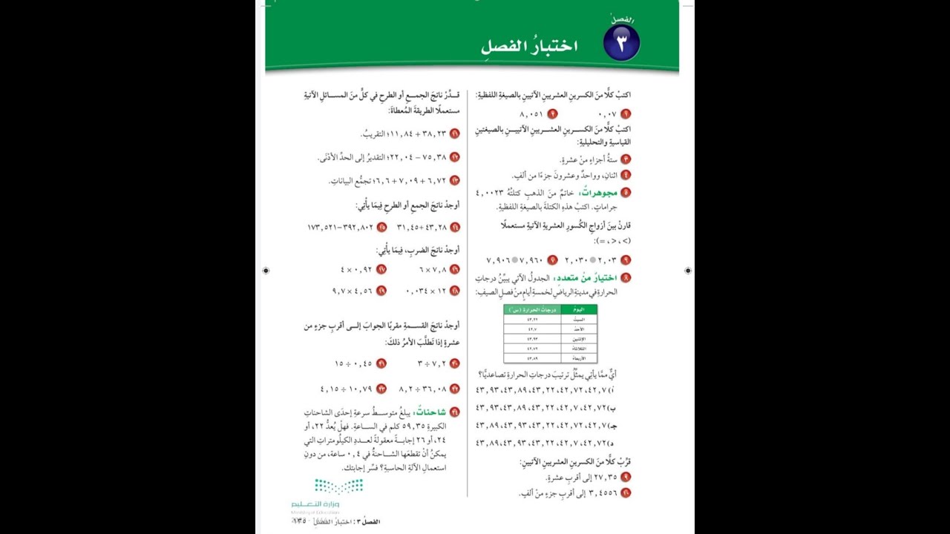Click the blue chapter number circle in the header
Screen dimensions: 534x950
tap(621, 42)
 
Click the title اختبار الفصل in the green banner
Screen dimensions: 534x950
tap(529, 46)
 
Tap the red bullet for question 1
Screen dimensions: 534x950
tap(626, 114)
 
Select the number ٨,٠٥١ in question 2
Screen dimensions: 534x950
tap(531, 114)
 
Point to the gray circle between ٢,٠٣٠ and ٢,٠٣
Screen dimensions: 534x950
tap(592, 260)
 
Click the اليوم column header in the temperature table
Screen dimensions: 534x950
tap(580, 309)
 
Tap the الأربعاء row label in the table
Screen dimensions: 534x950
tap(580, 358)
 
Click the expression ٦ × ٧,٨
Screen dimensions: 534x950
tap(433, 270)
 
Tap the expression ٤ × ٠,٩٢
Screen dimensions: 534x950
tap(356, 270)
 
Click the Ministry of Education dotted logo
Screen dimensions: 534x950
tap(338, 487)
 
